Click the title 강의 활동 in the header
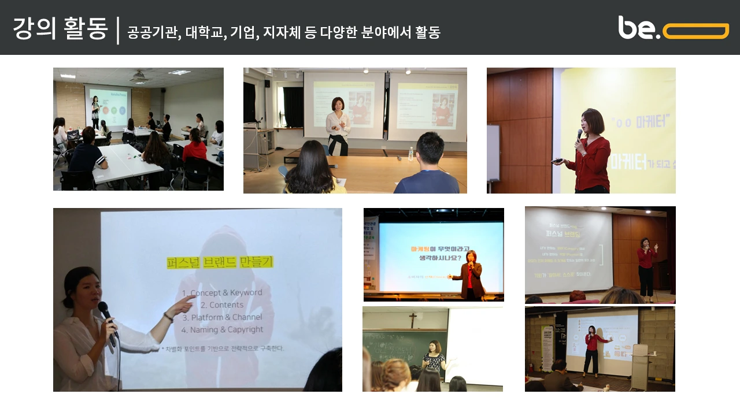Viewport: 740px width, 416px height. (x=60, y=29)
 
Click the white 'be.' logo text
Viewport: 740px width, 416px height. (x=638, y=28)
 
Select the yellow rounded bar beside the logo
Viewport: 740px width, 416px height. (x=695, y=31)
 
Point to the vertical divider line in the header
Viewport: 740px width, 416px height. (x=118, y=31)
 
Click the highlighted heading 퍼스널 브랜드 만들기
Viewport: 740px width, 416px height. (x=220, y=262)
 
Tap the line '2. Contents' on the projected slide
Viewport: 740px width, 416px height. (x=221, y=305)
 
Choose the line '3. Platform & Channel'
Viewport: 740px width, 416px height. (x=222, y=317)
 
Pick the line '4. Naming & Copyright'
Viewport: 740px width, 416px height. (x=222, y=330)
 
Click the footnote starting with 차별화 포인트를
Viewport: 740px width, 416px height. (x=223, y=349)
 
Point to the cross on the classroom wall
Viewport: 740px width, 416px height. (x=413, y=320)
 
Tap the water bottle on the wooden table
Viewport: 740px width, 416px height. (x=411, y=153)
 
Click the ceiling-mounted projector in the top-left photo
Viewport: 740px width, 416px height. (x=139, y=76)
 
